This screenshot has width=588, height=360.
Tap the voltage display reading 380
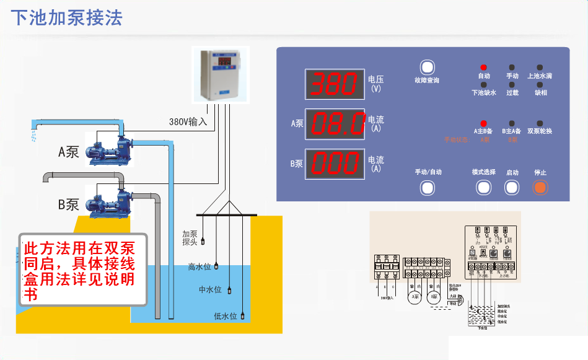(334, 84)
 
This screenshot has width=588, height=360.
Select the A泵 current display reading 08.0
(335, 124)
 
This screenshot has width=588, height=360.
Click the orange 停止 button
(540, 187)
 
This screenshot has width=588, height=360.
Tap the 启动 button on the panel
(512, 187)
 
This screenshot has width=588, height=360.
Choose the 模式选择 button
(483, 187)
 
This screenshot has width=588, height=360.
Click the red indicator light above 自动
(483, 68)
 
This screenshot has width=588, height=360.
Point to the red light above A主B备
(483, 124)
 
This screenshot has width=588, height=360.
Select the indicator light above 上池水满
(540, 68)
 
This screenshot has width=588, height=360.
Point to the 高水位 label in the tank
(200, 267)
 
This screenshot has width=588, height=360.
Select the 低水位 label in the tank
(226, 316)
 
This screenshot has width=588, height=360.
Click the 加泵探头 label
(190, 238)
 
